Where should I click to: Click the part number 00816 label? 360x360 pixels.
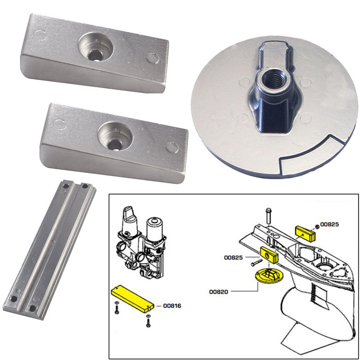point(172,306)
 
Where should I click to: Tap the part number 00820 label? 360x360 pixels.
point(219,292)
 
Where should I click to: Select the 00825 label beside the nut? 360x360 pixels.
point(330,223)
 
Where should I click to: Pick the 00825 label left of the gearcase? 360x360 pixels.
point(234,258)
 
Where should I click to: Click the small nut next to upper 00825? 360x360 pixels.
point(316,225)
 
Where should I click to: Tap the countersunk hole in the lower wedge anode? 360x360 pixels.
point(112,137)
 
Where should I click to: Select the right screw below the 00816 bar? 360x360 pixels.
point(148,322)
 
